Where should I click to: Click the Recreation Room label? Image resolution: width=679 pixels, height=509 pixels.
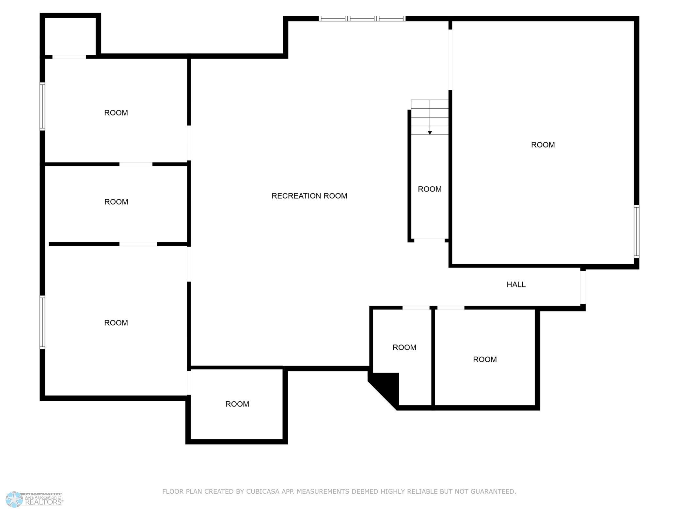[309, 196]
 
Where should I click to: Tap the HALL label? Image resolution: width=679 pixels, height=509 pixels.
[516, 285]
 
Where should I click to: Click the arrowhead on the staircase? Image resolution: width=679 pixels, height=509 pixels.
[430, 133]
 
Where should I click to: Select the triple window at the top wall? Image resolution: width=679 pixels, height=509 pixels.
[362, 19]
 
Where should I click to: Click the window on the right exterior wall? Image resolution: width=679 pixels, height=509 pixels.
[636, 231]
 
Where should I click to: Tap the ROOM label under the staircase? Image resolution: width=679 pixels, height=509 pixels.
[430, 189]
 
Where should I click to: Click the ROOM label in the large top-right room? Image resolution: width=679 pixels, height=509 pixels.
[543, 145]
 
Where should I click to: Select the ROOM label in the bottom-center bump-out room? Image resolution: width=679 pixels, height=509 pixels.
[237, 404]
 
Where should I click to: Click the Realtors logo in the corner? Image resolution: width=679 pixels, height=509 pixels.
[34, 500]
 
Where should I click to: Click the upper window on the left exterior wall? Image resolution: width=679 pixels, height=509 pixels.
[42, 106]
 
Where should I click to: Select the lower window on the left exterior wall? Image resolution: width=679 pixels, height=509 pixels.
[42, 322]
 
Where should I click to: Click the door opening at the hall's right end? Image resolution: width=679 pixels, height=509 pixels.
[583, 287]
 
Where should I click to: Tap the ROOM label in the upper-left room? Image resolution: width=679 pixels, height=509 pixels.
[116, 113]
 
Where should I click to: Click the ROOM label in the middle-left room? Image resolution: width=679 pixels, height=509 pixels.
[116, 202]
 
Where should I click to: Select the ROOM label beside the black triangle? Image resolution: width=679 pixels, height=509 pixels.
[404, 347]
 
